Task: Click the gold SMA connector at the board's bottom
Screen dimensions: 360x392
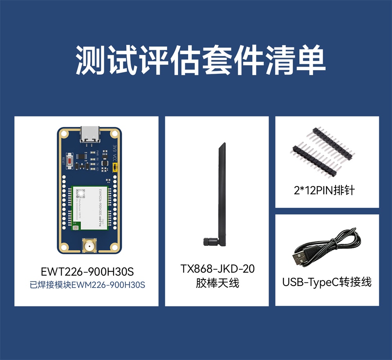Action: click(89, 247)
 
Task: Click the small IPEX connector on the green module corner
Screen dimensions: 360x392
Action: click(76, 226)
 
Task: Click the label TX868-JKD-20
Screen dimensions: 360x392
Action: click(217, 269)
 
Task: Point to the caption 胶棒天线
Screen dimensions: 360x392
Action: click(217, 283)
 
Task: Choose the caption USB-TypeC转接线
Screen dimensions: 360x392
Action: click(327, 282)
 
